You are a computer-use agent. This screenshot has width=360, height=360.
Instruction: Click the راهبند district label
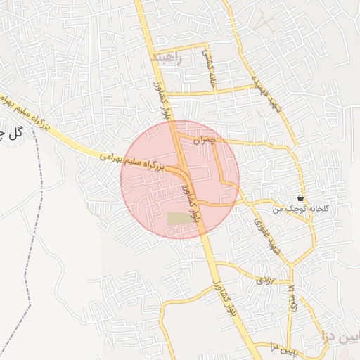(x=166, y=58)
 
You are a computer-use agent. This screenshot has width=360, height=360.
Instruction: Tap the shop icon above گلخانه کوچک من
(x=301, y=198)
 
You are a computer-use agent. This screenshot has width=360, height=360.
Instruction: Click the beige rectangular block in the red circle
(x=180, y=219)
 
